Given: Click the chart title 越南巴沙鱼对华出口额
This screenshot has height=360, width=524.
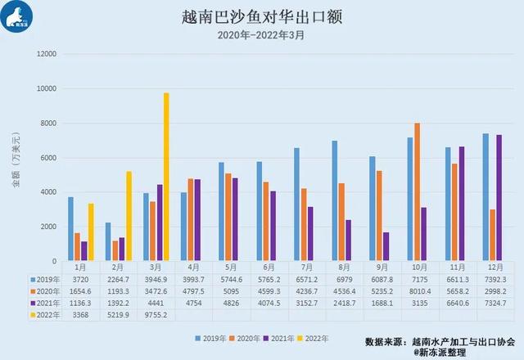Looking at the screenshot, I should [x=261, y=17].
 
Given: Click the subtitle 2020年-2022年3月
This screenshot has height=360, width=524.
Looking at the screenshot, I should [x=261, y=35].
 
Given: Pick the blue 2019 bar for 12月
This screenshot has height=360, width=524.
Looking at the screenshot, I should [x=485, y=197].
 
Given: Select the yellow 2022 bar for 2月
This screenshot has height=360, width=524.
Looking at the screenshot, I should [x=129, y=216].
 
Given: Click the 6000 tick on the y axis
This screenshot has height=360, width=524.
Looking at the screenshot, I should [x=46, y=158].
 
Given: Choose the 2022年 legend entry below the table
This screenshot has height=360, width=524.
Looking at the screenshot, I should [x=314, y=337].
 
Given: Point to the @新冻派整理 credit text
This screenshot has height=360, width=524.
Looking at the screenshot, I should [x=443, y=352].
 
